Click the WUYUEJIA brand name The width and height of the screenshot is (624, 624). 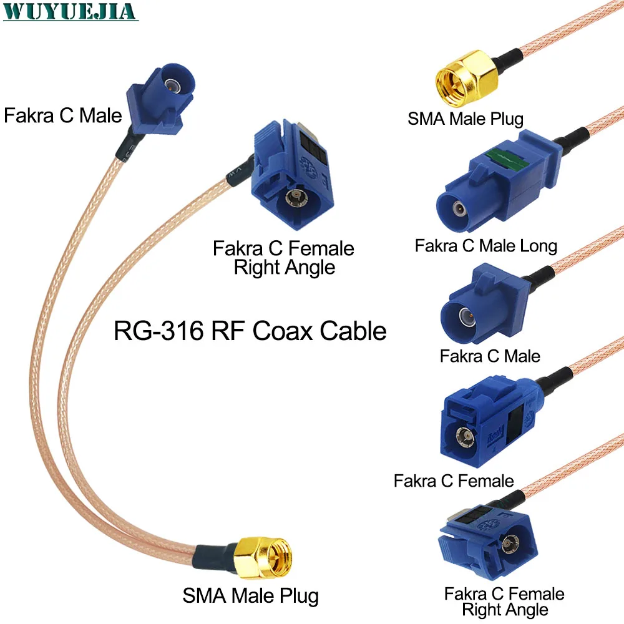(69, 11)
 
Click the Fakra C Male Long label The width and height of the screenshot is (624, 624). (485, 245)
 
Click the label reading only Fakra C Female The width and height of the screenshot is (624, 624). (454, 480)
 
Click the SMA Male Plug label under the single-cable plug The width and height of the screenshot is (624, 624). (466, 118)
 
